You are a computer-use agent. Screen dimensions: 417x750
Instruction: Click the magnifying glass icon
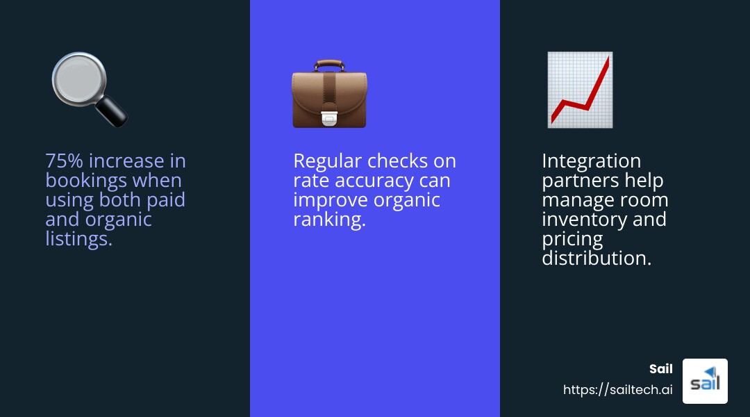click(89, 89)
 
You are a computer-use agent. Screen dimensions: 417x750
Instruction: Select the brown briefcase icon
click(329, 95)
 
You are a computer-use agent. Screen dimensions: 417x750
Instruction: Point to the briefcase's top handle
click(329, 65)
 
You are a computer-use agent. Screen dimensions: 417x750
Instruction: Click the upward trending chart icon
click(580, 90)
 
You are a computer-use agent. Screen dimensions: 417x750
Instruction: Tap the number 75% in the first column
click(64, 161)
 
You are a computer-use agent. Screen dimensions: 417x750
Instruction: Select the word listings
click(78, 239)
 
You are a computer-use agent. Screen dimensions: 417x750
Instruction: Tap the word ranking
click(329, 220)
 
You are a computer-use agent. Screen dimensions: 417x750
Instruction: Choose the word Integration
click(591, 161)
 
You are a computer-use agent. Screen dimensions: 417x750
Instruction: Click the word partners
click(580, 181)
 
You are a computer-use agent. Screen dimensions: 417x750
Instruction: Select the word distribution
click(597, 259)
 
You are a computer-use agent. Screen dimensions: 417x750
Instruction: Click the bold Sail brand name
click(660, 369)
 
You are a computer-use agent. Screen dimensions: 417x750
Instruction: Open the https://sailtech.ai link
click(617, 390)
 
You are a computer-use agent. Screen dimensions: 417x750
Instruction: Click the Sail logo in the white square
click(705, 381)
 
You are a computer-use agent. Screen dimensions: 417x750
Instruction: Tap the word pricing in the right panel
click(572, 239)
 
